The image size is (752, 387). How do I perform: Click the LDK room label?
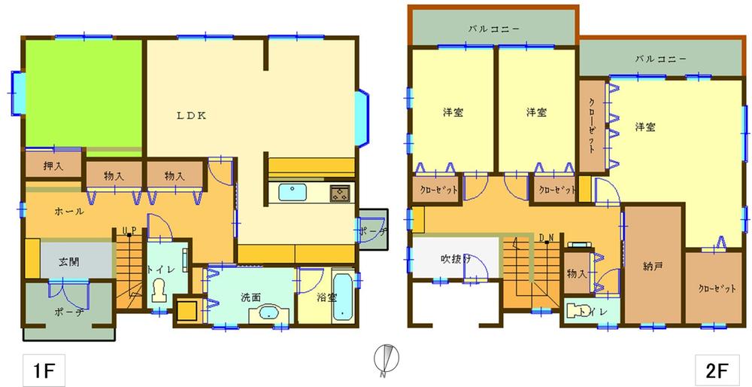click(x=192, y=115)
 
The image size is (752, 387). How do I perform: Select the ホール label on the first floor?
click(x=69, y=212)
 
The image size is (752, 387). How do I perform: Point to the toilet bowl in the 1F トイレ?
click(x=159, y=289)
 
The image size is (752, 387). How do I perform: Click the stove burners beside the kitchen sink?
click(x=340, y=192)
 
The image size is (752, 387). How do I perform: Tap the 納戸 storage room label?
click(x=653, y=266)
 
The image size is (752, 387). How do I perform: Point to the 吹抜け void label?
click(x=456, y=259)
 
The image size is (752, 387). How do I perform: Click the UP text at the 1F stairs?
click(x=128, y=230)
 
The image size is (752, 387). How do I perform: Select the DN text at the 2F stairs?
click(x=547, y=239)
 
